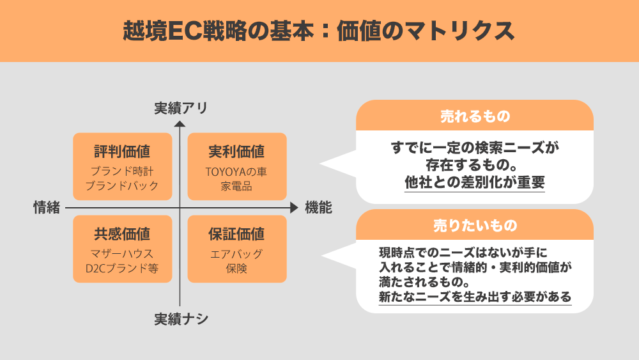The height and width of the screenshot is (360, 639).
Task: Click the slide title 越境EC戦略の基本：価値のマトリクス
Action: click(x=319, y=31)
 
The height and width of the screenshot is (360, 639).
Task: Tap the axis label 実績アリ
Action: click(x=181, y=108)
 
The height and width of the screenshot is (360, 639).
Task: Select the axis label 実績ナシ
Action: click(x=181, y=319)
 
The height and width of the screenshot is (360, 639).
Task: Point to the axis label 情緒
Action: click(x=47, y=208)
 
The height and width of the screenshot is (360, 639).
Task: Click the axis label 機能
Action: click(x=319, y=208)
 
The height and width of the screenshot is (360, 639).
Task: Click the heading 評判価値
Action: click(x=122, y=152)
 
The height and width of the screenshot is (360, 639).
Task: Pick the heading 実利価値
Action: click(x=237, y=152)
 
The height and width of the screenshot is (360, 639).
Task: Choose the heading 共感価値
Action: click(x=122, y=234)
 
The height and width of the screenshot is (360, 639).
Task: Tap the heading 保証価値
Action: click(x=237, y=234)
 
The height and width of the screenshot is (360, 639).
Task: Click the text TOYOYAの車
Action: click(x=236, y=171)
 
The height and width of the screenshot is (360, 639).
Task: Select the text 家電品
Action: click(x=236, y=186)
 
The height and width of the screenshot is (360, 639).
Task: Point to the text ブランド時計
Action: click(x=122, y=171)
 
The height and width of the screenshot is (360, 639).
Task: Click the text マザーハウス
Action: click(x=122, y=254)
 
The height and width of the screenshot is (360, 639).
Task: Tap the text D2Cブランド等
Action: click(x=122, y=269)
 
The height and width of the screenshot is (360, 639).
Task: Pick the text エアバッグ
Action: click(x=236, y=254)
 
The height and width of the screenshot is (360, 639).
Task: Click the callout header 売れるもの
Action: click(x=475, y=116)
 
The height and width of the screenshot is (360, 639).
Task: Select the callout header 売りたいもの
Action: click(x=475, y=226)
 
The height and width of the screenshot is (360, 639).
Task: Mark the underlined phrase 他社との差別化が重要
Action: click(x=475, y=182)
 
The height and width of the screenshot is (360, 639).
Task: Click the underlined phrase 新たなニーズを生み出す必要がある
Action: click(x=475, y=297)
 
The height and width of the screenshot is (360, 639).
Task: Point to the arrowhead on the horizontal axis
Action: click(x=294, y=208)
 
